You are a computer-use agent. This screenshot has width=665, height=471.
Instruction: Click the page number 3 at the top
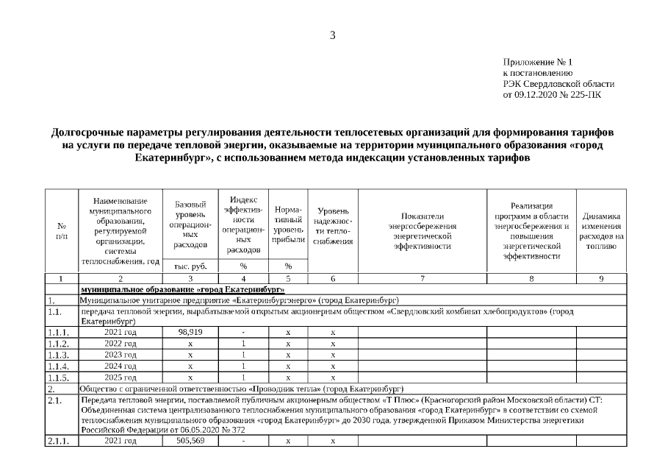[332, 35]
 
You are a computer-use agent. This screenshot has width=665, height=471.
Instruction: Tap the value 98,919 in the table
[190, 332]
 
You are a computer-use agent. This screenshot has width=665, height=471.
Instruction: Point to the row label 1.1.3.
[60, 355]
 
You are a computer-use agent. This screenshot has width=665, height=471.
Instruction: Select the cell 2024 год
[121, 366]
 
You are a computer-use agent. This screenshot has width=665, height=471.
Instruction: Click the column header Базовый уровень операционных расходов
[190, 224]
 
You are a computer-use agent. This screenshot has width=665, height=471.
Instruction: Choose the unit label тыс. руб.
[190, 266]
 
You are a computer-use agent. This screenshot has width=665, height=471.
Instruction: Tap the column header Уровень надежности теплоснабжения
[333, 228]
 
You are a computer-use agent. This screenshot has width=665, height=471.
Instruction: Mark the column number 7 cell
[423, 278]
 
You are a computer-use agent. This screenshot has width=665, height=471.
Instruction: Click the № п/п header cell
[62, 230]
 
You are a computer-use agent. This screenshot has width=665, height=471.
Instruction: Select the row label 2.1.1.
[60, 441]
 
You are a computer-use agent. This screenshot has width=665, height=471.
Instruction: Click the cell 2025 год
[121, 377]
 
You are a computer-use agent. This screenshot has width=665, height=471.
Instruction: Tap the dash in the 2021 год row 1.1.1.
[243, 333]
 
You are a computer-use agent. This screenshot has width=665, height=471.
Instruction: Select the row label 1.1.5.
[60, 377]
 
